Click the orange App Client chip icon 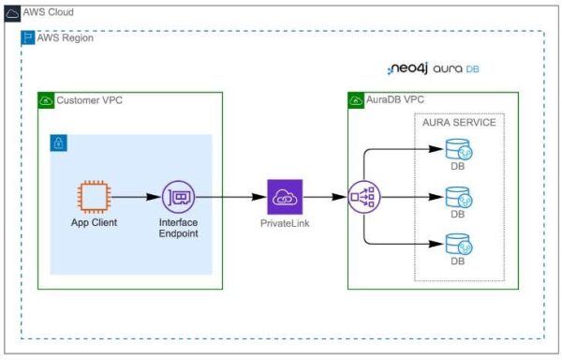pos(93,198)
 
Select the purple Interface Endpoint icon pos(178,198)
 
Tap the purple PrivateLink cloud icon pos(284,198)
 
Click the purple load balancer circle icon pos(363,198)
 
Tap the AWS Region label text pos(65,37)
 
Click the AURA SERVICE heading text pos(459,123)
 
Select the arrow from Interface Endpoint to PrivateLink pos(229,198)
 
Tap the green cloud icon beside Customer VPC pos(46,99)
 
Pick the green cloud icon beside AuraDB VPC pos(356,99)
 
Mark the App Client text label pos(93,223)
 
